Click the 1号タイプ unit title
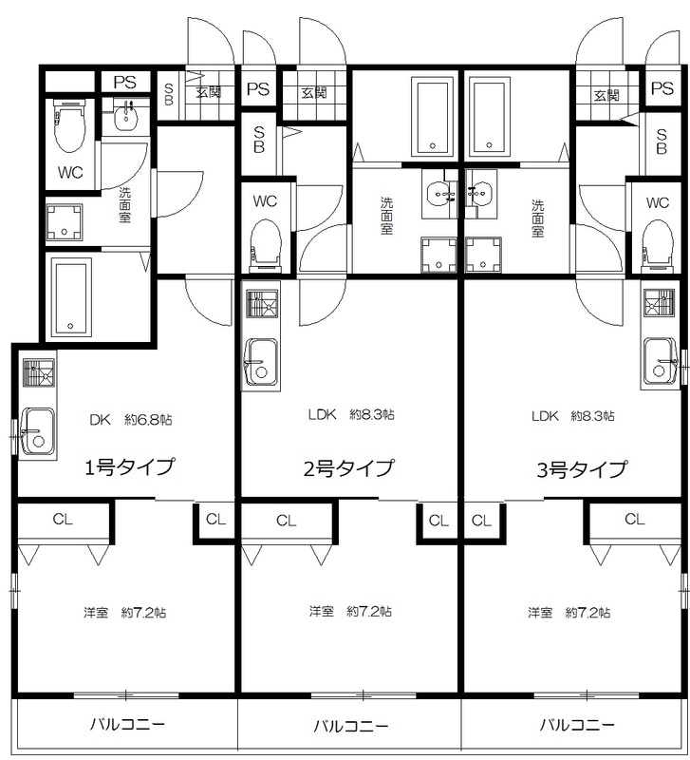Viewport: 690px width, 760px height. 129,467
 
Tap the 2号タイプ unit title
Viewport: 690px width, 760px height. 348,468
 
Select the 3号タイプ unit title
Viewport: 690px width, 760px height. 582,469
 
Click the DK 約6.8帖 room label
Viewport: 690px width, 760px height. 131,420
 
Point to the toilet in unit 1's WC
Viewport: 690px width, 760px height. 70,127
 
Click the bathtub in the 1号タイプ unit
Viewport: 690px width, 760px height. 72,297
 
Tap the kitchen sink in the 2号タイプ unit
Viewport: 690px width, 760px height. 261,360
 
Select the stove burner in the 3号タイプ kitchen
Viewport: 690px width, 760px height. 659,303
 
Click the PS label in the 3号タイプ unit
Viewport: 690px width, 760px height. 662,88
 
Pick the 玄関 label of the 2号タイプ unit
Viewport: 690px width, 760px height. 314,92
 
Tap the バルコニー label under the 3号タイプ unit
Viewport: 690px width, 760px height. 577,725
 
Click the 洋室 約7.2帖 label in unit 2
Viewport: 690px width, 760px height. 350,611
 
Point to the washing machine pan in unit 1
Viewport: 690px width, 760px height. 65,222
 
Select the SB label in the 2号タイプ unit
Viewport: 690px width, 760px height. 259,139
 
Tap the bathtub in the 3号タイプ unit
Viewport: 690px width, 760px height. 490,115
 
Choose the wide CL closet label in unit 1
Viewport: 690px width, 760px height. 63,519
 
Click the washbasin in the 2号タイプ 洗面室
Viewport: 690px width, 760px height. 439,193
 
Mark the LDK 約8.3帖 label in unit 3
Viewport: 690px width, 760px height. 573,416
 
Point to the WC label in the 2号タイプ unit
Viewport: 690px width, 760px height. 265,200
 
